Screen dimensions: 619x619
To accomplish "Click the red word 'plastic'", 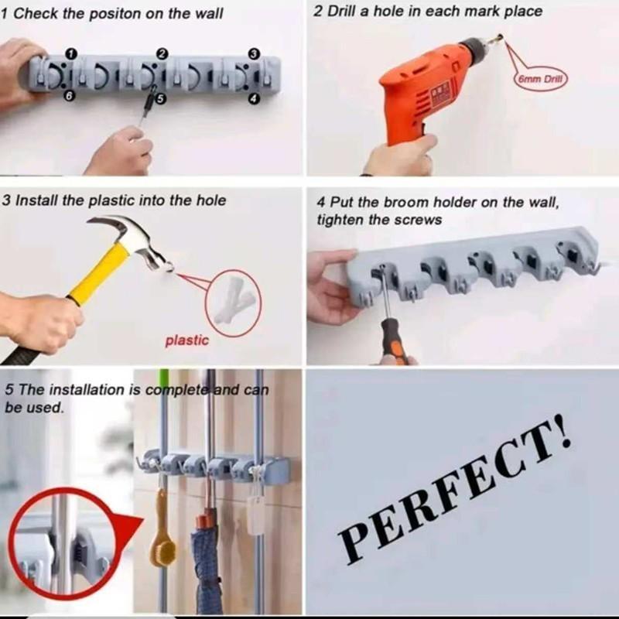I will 186,340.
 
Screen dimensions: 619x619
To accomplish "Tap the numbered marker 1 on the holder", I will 71,53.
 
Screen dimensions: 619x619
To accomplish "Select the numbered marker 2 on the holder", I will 162,53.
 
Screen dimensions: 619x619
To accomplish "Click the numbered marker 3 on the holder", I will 253,53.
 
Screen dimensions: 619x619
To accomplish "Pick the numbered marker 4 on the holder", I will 253,98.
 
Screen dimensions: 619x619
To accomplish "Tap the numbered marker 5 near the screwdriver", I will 161,98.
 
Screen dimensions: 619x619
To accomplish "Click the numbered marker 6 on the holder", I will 70,95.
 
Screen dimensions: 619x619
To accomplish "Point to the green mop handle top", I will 164,379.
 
